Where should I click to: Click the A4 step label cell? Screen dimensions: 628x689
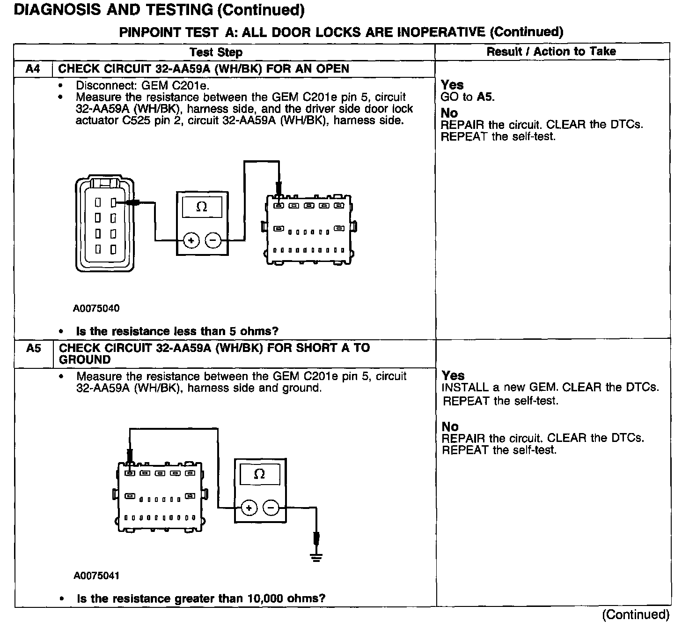coord(33,69)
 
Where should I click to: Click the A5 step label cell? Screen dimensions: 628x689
coord(33,348)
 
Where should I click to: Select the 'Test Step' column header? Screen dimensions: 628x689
coord(216,52)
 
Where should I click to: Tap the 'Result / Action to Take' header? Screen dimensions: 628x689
coord(551,52)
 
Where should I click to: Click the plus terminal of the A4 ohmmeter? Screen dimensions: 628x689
coord(191,240)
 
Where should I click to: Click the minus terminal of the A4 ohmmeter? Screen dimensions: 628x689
coord(213,240)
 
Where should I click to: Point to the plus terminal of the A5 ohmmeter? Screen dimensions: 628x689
coord(249,508)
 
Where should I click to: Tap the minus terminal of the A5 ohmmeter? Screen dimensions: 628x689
coord(271,508)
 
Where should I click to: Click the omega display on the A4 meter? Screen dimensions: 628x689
coord(202,207)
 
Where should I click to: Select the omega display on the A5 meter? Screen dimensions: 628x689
coord(259,474)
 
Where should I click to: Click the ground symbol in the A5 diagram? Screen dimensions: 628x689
coord(317,557)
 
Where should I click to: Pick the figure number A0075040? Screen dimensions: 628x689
coord(96,308)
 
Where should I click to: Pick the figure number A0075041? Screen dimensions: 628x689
coord(96,576)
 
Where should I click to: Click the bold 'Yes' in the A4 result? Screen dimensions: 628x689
coord(452,85)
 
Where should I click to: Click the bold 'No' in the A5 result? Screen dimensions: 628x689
coord(450,426)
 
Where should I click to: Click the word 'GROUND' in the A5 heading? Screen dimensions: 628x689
coord(85,360)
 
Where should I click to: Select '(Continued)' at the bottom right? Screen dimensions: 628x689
coord(636,614)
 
